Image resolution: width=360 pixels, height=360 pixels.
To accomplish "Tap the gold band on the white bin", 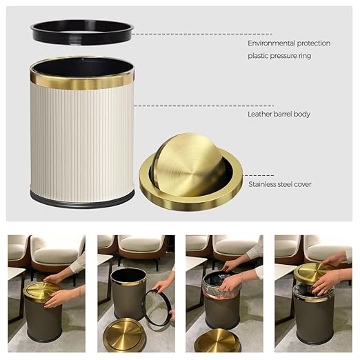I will pyautogui.click(x=82, y=81).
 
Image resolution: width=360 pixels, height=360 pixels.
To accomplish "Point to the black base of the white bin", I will pyautogui.click(x=82, y=201).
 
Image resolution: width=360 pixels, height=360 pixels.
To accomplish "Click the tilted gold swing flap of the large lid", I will pyautogui.click(x=188, y=164).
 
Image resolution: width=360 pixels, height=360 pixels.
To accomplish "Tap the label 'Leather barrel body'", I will pyautogui.click(x=279, y=114).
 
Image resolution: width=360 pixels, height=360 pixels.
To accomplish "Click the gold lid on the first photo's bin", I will pyautogui.click(x=43, y=290).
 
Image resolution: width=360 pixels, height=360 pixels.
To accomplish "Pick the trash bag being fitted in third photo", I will pyautogui.click(x=220, y=283).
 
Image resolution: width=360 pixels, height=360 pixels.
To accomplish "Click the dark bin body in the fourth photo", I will pyautogui.click(x=314, y=321).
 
